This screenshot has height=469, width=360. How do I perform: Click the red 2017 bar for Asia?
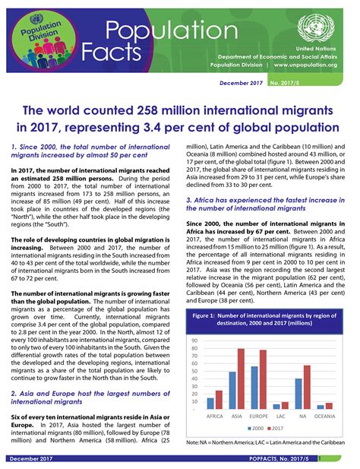[241, 379]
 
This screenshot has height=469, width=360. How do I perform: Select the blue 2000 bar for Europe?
[255, 388]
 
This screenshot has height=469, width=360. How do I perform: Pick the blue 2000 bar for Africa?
[210, 404]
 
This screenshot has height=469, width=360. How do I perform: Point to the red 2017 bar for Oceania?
[329, 406]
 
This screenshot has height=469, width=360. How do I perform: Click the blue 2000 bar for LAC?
[276, 407]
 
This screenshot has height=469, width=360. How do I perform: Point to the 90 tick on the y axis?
[195, 341]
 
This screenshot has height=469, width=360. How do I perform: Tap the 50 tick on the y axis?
[195, 372]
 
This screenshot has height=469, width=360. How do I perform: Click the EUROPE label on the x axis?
[259, 417]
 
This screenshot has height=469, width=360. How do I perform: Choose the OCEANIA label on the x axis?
[325, 417]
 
